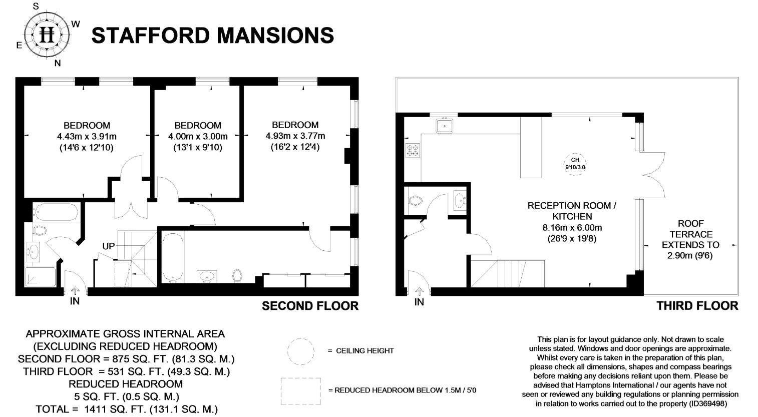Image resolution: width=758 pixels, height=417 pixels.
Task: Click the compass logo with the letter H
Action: [48, 35]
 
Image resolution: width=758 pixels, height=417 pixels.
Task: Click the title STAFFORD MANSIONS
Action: [213, 36]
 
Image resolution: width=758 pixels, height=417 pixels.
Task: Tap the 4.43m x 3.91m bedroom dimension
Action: [87, 136]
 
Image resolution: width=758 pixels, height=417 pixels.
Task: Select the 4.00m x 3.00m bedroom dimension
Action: [198, 136]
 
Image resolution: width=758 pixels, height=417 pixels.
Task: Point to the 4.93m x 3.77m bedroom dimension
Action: [295, 136]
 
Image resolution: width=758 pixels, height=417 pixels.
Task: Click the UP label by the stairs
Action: [108, 247]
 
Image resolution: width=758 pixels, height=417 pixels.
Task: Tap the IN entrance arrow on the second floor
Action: [75, 291]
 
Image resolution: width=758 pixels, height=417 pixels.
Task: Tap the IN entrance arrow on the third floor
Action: [420, 292]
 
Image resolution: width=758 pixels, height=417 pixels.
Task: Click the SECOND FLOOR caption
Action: [310, 306]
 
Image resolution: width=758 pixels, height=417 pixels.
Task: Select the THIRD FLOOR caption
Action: [697, 306]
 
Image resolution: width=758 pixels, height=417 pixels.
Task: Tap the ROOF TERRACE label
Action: [690, 229]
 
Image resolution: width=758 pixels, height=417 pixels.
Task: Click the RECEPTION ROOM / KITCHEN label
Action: [571, 211]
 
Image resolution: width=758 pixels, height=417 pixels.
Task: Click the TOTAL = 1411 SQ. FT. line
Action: [126, 409]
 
